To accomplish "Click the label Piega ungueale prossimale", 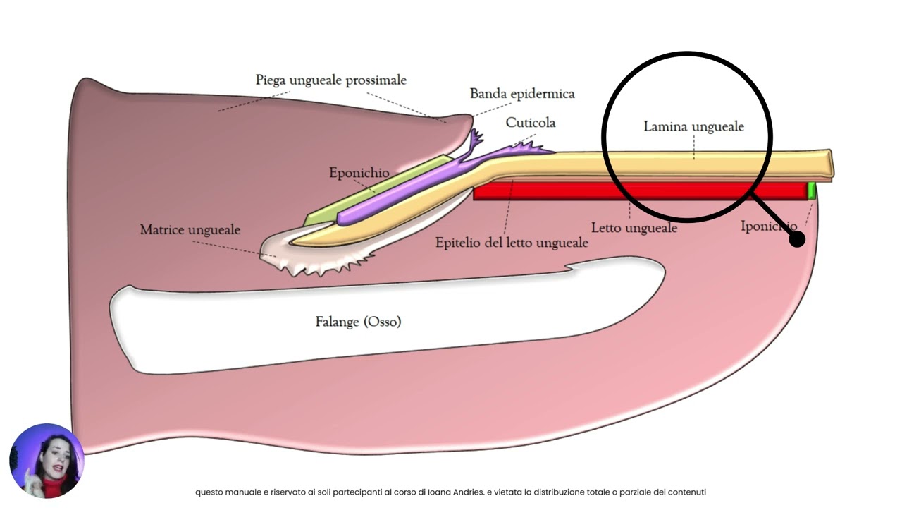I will pyautogui.click(x=330, y=80).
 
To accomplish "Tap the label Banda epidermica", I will pyautogui.click(x=522, y=94).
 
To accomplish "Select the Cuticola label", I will pyautogui.click(x=531, y=123).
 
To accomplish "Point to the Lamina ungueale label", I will pyautogui.click(x=693, y=127).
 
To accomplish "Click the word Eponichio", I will pyautogui.click(x=359, y=173).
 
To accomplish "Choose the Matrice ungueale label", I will pyautogui.click(x=190, y=230).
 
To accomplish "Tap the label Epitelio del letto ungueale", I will pyautogui.click(x=512, y=243).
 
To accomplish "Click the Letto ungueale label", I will pyautogui.click(x=634, y=228).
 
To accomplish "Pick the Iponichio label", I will pyautogui.click(x=768, y=226).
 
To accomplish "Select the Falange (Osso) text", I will pyautogui.click(x=358, y=322).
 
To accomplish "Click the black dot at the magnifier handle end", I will pyautogui.click(x=796, y=239).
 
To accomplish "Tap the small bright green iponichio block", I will pyautogui.click(x=811, y=190).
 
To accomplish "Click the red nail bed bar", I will pyautogui.click(x=634, y=190).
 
